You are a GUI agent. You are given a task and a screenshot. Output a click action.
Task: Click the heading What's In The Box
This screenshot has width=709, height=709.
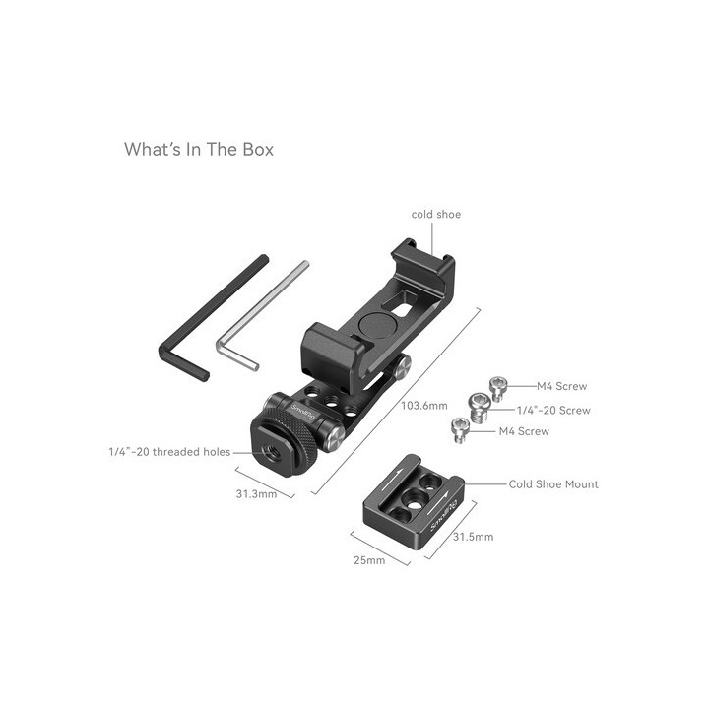pyautogui.click(x=198, y=150)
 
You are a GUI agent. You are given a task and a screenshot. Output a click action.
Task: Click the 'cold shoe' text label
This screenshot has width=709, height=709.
pyautogui.click(x=435, y=214)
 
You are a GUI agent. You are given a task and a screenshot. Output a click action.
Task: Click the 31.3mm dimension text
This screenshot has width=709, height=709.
pyautogui.click(x=255, y=493)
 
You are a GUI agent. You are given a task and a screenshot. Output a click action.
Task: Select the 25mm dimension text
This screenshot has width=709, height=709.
pyautogui.click(x=370, y=560)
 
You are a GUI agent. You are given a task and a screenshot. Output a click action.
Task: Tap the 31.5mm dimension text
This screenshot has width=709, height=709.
pyautogui.click(x=473, y=538)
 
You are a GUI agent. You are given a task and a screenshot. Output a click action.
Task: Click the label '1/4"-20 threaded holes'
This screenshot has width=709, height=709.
pyautogui.click(x=168, y=452)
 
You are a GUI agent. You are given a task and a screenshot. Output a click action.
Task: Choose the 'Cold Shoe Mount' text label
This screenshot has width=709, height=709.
pyautogui.click(x=553, y=484)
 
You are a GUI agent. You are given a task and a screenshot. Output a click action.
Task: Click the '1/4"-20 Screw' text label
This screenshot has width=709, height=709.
pyautogui.click(x=554, y=409)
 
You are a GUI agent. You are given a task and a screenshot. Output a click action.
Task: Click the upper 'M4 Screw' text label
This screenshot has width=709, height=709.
pyautogui.click(x=561, y=387)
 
